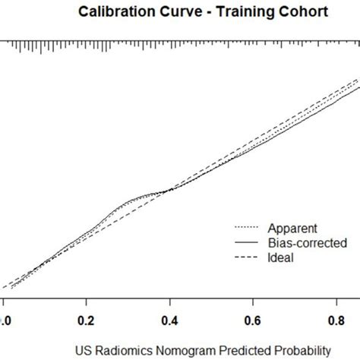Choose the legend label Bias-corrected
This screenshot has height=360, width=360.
click(307, 242)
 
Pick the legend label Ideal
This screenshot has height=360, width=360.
click(279, 257)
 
